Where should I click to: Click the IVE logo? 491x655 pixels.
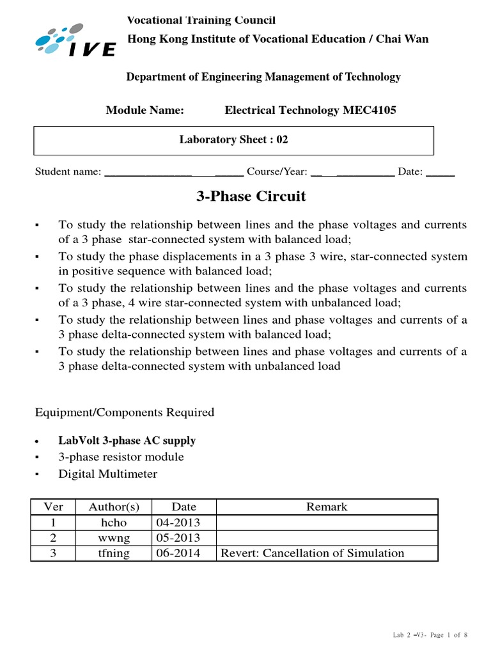75,40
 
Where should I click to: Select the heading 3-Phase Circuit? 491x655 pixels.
251,196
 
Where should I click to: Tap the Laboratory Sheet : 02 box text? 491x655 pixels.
233,139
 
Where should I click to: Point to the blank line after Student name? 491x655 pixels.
173,172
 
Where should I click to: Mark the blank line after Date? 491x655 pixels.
440,172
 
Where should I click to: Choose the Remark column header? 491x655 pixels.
327,507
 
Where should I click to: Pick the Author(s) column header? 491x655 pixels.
114,507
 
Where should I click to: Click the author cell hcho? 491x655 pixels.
114,523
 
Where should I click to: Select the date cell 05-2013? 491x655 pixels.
178,538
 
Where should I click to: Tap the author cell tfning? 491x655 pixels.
114,553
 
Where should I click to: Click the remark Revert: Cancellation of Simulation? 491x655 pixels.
312,553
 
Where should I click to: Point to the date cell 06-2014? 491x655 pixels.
178,553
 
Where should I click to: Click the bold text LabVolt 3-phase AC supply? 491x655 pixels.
127,441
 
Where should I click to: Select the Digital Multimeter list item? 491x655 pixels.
107,474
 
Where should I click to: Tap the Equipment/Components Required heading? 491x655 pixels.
125,413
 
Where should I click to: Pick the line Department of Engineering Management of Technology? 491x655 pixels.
263,77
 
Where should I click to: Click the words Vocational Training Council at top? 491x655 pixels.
201,21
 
